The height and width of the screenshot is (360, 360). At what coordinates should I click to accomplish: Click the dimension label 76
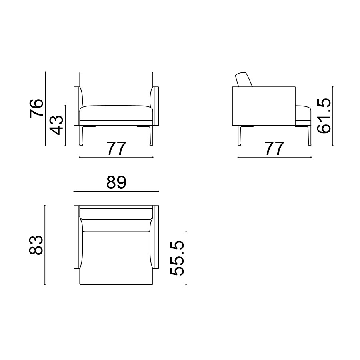[x=36, y=108]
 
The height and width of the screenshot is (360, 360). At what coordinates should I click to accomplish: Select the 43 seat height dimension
[x=56, y=125]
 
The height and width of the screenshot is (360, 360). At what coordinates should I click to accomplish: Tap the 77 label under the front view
[x=116, y=148]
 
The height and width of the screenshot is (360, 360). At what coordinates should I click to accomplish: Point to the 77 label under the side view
[x=274, y=148]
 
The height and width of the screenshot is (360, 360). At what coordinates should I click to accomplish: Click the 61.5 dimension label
[x=324, y=116]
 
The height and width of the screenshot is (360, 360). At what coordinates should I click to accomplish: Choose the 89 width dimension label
[x=116, y=182]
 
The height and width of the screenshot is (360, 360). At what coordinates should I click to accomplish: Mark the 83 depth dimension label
[x=36, y=245]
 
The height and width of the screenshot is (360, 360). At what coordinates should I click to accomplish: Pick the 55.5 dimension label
[x=177, y=258]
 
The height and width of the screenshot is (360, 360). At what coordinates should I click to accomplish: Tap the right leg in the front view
[x=150, y=136]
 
